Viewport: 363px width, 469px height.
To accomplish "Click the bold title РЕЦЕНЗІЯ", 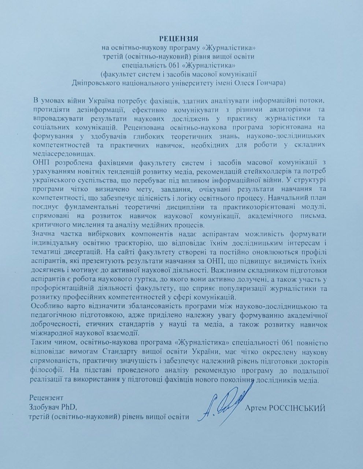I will [x=179, y=38].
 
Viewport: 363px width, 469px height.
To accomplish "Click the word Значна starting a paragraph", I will [x=42, y=234].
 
